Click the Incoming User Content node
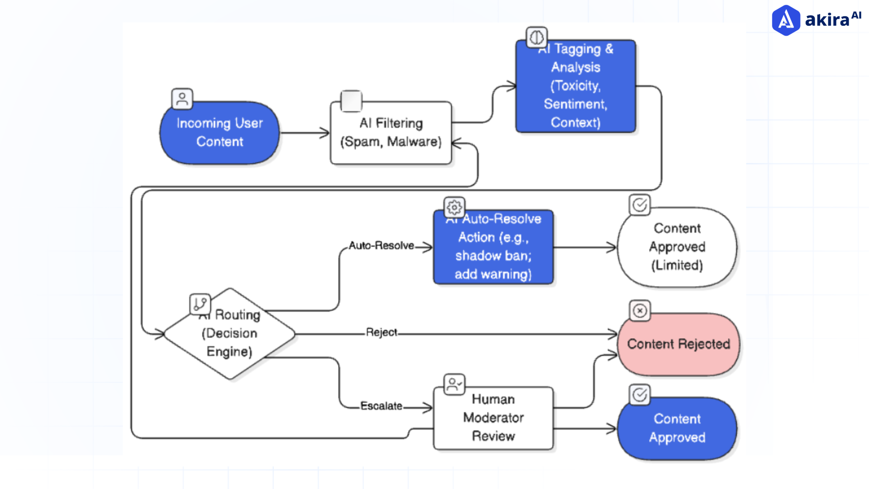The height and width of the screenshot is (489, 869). pos(220,133)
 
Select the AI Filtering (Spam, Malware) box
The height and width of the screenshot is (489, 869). pos(391,133)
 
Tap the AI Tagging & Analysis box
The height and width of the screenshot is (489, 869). pos(575,86)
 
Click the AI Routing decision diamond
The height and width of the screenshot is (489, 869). pos(229,334)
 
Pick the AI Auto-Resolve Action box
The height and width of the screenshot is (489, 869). pos(493,247)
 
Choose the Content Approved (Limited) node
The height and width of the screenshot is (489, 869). pos(677,247)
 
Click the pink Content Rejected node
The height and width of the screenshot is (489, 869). pos(678,344)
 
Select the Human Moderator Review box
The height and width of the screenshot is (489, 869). pos(493,417)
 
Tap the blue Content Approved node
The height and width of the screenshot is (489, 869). pos(677,428)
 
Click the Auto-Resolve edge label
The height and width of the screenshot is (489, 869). pos(381,245)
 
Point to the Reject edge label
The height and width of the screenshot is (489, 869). pos(381,332)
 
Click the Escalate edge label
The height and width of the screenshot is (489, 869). pos(381,406)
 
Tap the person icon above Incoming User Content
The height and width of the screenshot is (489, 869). pos(182,99)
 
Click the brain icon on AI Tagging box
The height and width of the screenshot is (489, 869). pos(536,37)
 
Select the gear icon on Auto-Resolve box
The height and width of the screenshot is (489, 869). pos(454,207)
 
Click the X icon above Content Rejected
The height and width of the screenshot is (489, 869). pos(640,311)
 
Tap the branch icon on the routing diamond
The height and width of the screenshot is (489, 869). pos(200,304)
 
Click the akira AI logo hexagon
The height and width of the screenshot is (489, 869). pos(786,20)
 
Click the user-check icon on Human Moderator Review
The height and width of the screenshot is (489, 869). pos(454,384)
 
